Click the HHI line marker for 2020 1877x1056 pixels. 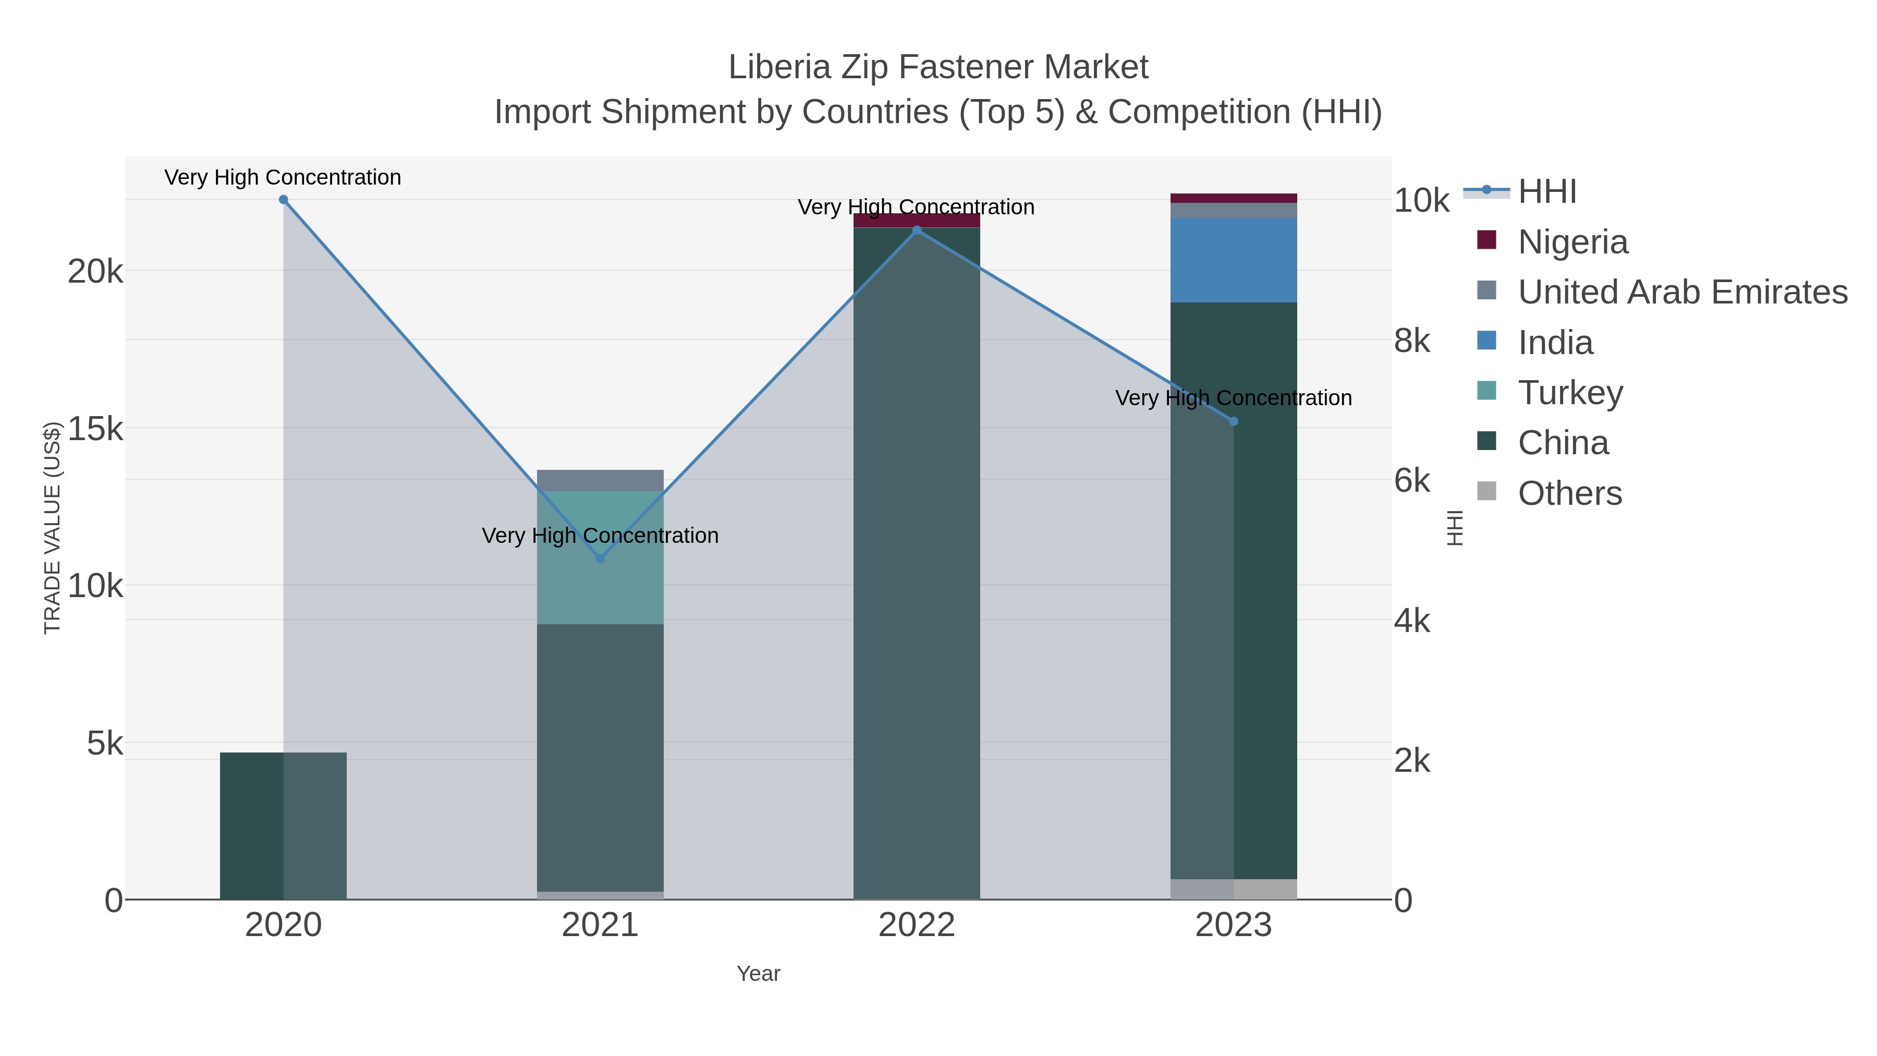click(x=284, y=200)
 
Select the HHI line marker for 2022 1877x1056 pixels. click(x=917, y=230)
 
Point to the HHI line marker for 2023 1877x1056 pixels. click(x=1234, y=421)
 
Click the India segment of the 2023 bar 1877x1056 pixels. click(x=1234, y=260)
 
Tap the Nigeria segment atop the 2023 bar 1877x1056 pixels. click(x=1234, y=198)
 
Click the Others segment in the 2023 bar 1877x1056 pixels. click(x=1234, y=889)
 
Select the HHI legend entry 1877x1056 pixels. click(x=1547, y=192)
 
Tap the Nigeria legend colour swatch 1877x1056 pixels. click(x=1486, y=240)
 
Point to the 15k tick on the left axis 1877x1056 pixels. click(x=95, y=429)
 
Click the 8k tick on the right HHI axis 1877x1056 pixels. click(x=1412, y=341)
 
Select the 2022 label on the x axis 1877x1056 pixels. click(x=917, y=926)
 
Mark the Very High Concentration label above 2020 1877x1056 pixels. click(x=283, y=177)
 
